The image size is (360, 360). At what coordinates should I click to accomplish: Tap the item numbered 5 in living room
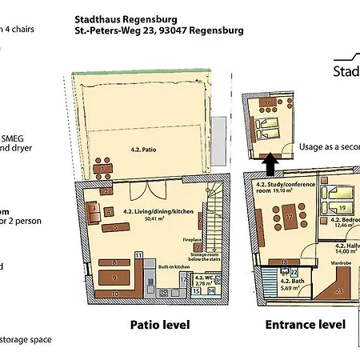pos(117,227)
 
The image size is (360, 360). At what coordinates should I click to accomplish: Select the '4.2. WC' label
pos(202,278)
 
